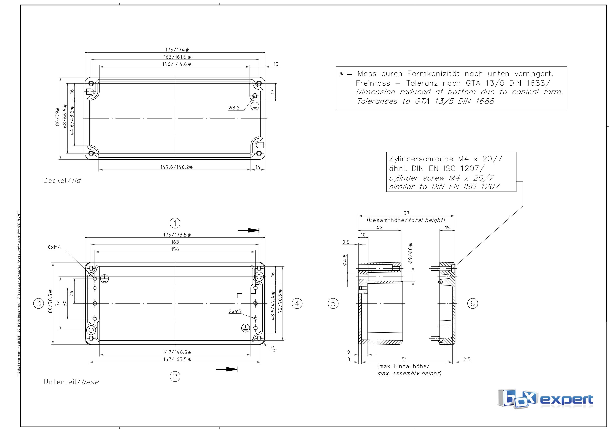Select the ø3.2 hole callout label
pos(234,108)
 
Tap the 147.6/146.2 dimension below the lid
pos(175,167)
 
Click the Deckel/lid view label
pos(62,181)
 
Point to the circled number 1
pos(175,223)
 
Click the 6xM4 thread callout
pos(54,247)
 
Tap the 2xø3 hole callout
pos(235,311)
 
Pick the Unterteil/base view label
pos(71,382)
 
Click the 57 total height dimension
pos(406,213)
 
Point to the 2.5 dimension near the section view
pos(467,359)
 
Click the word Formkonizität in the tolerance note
pos(433,74)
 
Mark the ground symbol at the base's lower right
pos(245,328)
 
